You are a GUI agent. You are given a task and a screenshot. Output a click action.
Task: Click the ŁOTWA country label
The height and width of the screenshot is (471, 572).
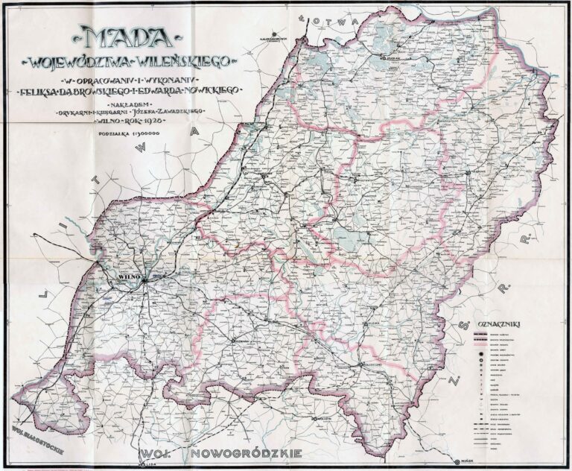(332, 22)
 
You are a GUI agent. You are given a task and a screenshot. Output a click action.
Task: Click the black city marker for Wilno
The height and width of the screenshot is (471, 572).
(146, 279)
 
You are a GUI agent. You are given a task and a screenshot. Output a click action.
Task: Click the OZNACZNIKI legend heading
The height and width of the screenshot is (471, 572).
(503, 324)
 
